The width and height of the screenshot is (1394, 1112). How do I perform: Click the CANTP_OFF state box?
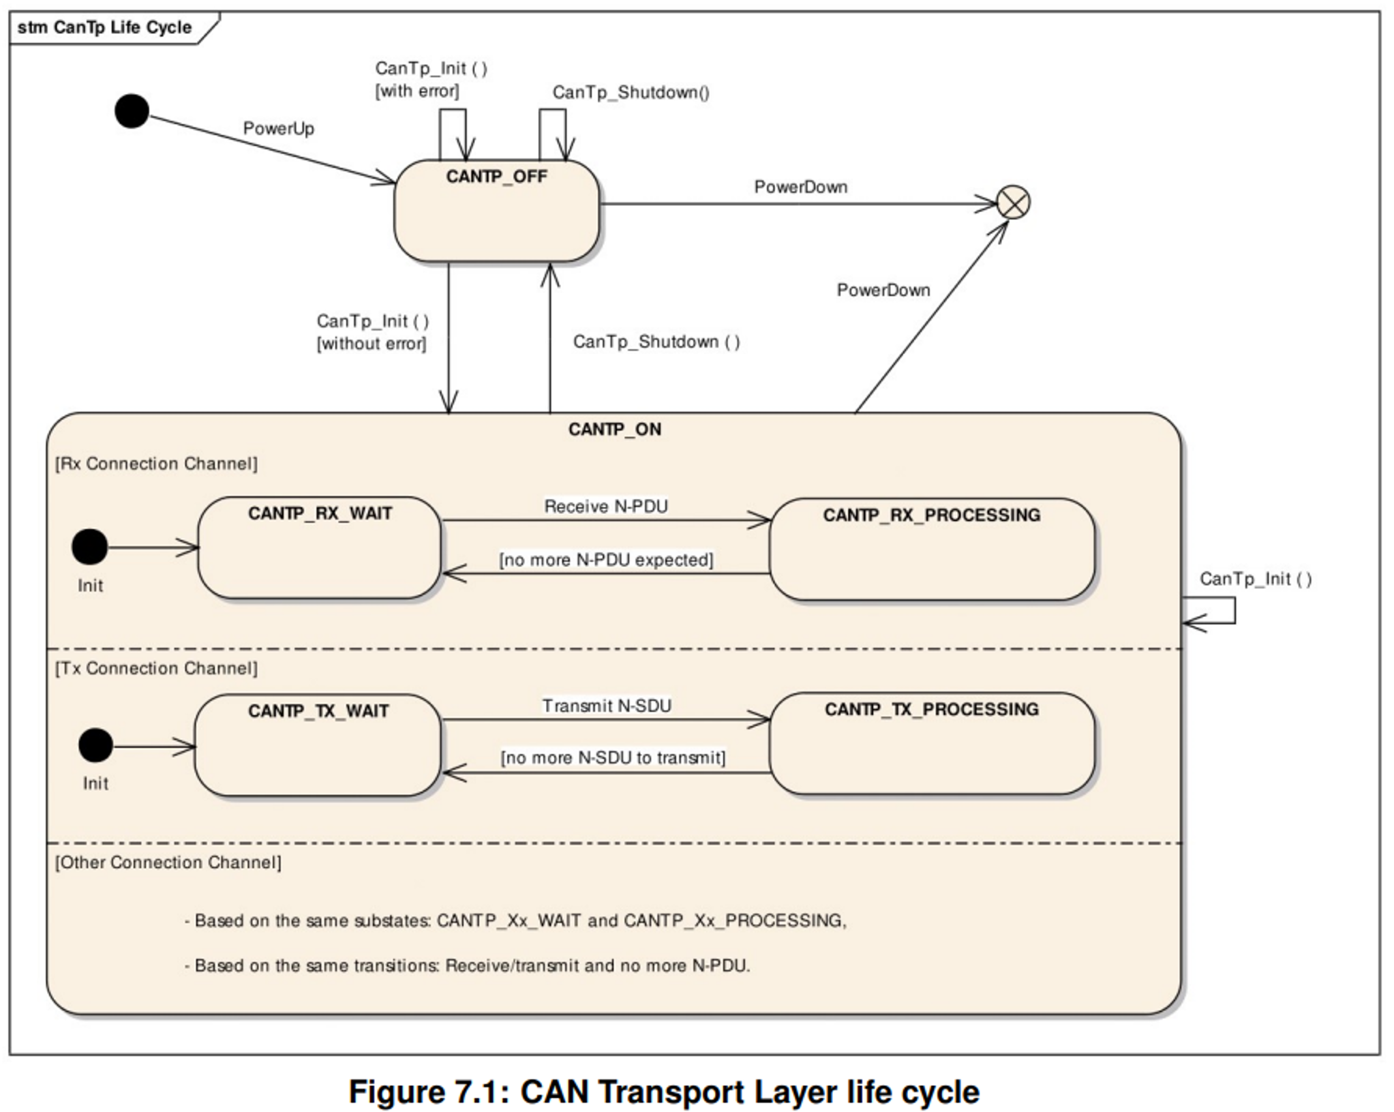[x=496, y=211]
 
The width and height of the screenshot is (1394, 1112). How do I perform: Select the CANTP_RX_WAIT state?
[x=319, y=548]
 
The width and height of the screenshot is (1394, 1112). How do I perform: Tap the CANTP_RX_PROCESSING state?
[x=932, y=549]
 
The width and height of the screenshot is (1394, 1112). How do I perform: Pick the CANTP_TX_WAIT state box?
[x=318, y=745]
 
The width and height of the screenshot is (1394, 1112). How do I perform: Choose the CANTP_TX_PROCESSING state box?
[x=932, y=744]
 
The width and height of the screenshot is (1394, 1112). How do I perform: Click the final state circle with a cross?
[x=1013, y=202]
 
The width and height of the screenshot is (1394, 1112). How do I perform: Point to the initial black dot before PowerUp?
[x=132, y=111]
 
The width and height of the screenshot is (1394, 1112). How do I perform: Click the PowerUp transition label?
[x=279, y=128]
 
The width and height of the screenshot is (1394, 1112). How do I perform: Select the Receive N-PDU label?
[x=606, y=507]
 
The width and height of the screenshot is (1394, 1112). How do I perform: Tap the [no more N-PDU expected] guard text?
[x=606, y=560]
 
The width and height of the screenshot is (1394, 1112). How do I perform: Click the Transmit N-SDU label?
[x=607, y=706]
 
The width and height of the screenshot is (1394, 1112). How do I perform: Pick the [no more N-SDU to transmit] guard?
[x=613, y=757]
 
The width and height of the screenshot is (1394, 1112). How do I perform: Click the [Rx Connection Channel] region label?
[x=156, y=464]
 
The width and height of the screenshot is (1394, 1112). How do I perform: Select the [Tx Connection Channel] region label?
[x=156, y=669]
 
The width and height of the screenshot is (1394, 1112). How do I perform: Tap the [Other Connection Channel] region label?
[x=168, y=862]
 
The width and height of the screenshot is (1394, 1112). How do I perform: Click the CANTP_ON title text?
[x=614, y=429]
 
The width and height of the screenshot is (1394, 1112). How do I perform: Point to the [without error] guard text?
[x=371, y=344]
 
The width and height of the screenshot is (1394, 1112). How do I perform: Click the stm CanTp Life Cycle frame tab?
[x=104, y=27]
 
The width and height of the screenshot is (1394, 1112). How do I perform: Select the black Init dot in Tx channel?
[x=96, y=745]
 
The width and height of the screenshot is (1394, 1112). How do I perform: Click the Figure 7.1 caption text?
[x=663, y=1091]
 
